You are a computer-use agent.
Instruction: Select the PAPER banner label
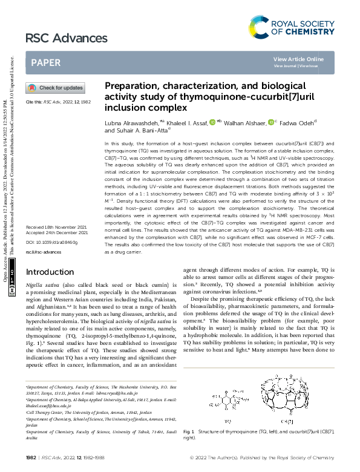pos(45,62)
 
